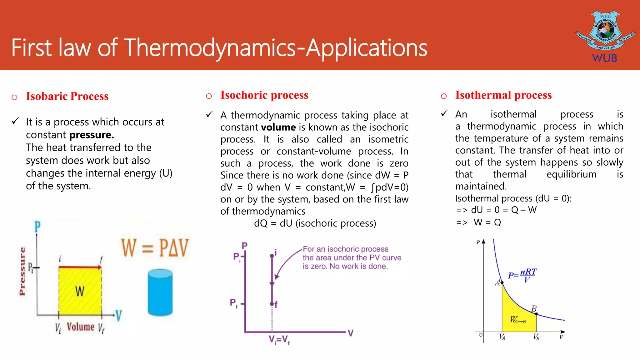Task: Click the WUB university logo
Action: (x=605, y=36)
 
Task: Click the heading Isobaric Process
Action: (x=67, y=96)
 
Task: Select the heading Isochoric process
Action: (x=264, y=95)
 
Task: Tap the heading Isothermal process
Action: (x=503, y=95)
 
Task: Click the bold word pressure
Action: (x=91, y=135)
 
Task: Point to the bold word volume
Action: (x=278, y=127)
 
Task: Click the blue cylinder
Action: (x=160, y=292)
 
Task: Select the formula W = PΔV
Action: (x=155, y=248)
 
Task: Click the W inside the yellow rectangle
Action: (x=80, y=292)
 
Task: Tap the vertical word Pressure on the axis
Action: (x=22, y=271)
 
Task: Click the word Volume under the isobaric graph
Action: (x=80, y=327)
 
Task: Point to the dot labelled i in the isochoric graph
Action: (x=272, y=256)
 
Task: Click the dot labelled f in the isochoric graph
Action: (x=272, y=304)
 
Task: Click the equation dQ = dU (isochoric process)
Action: (x=315, y=223)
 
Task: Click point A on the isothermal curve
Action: (x=502, y=283)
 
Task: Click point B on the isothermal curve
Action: (x=536, y=313)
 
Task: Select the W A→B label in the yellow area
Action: (x=518, y=320)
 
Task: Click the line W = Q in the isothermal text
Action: (x=487, y=222)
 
